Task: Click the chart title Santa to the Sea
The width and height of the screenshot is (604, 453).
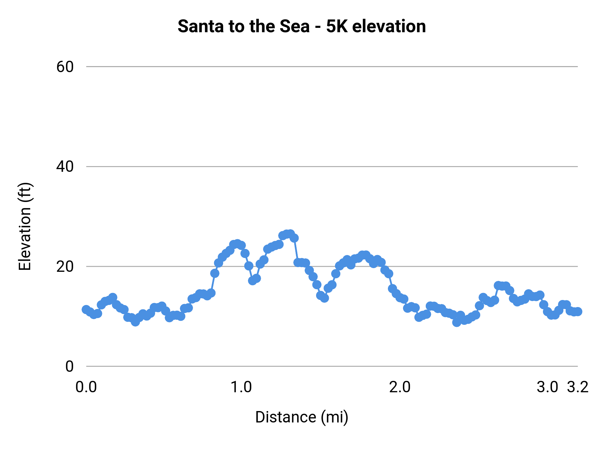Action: (x=301, y=26)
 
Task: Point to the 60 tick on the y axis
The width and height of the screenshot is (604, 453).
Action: (x=65, y=67)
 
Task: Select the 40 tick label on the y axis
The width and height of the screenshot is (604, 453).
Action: (x=65, y=166)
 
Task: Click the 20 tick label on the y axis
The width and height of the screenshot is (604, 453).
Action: (x=65, y=266)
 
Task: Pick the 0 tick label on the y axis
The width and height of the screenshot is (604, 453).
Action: (x=69, y=366)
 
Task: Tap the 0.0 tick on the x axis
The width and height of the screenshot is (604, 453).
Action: (x=86, y=387)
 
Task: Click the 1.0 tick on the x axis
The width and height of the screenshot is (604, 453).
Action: (x=241, y=387)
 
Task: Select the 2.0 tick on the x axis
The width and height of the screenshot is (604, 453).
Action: (x=400, y=387)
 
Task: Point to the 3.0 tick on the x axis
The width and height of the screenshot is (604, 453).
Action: (x=547, y=387)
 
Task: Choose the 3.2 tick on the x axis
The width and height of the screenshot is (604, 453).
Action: (x=578, y=387)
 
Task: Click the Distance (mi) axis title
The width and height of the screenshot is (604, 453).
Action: (x=302, y=417)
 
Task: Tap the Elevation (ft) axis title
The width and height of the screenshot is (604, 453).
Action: (x=25, y=226)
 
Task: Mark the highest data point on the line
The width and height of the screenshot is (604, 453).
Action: (x=290, y=234)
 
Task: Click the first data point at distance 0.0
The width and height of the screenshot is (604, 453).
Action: (x=86, y=309)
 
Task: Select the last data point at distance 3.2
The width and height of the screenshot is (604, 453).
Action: (x=578, y=311)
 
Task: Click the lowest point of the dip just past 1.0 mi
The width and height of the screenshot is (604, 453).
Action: (x=253, y=281)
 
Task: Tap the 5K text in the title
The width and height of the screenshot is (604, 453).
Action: (x=337, y=26)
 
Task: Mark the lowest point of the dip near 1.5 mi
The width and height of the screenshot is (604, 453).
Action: (x=324, y=298)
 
